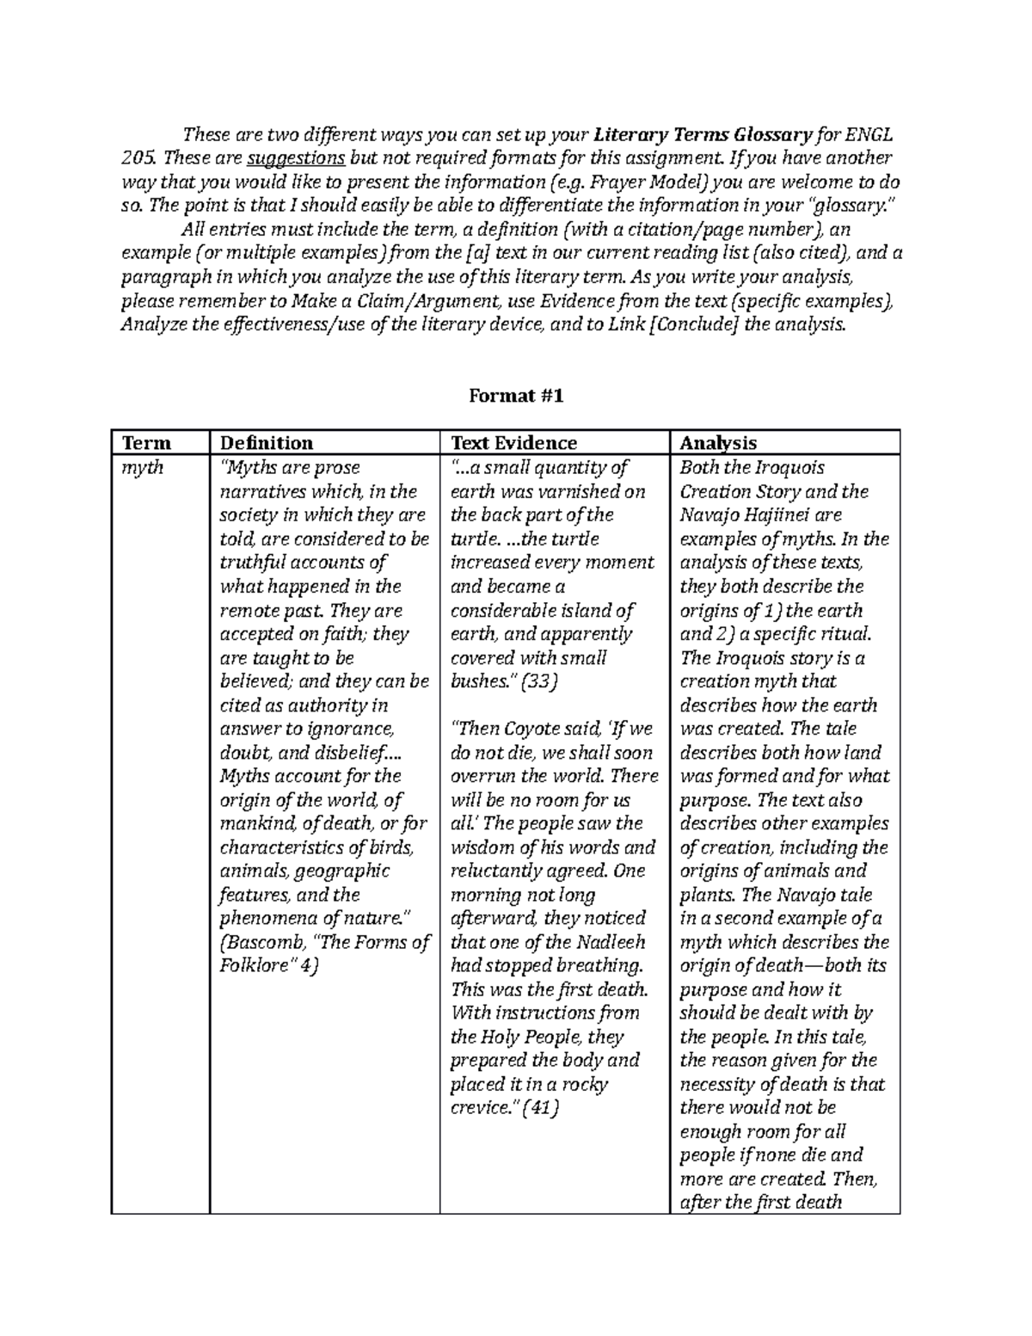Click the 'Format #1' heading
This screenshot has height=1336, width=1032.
coord(515,396)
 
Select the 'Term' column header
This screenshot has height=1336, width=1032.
coord(146,443)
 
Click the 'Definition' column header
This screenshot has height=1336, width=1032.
coord(267,443)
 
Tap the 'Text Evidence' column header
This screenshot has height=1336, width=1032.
coord(513,443)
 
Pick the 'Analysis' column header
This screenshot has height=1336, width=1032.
coord(718,443)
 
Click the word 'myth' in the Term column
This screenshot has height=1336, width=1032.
coord(144,468)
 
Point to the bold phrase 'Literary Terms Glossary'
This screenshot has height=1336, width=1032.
coord(703,135)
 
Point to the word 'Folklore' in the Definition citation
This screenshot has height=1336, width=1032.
coord(253,966)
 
